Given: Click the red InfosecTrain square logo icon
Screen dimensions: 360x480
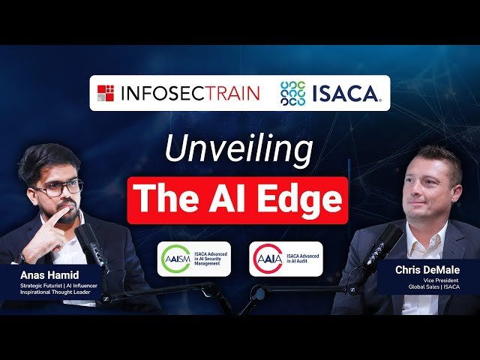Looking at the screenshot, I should pyautogui.click(x=105, y=93).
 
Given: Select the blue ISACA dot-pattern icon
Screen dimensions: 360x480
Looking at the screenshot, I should pyautogui.click(x=292, y=93).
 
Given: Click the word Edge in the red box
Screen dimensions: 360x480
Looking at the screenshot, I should pyautogui.click(x=298, y=200).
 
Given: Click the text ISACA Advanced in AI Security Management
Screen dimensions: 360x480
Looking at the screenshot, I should pyautogui.click(x=211, y=259).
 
